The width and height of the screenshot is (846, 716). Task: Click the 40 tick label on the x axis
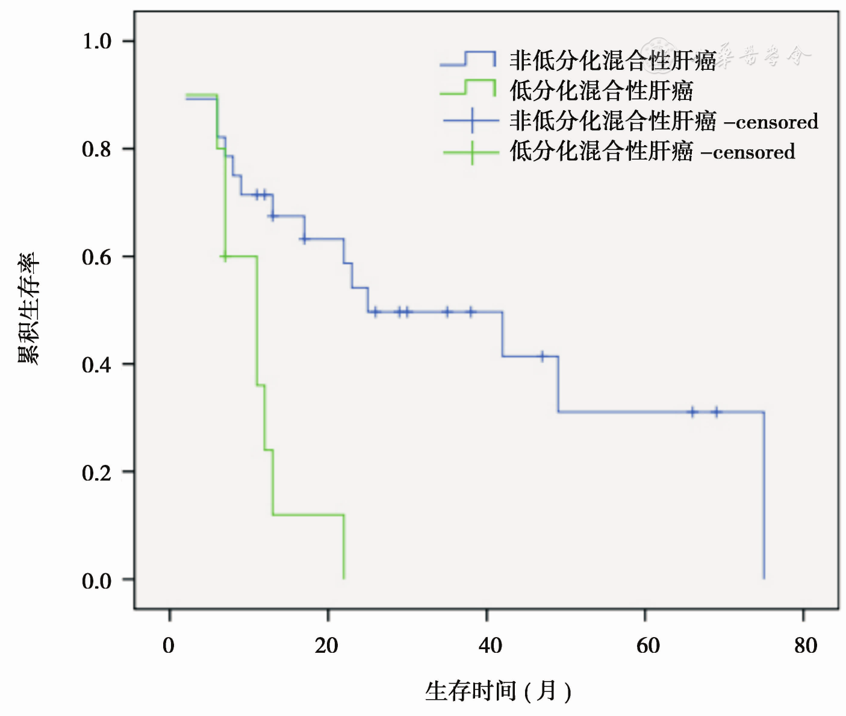[490, 646]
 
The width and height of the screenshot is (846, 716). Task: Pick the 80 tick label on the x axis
[806, 646]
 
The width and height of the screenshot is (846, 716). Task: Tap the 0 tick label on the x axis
[169, 646]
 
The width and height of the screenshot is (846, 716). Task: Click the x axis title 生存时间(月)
[498, 691]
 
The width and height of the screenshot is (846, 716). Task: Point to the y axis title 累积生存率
[28, 308]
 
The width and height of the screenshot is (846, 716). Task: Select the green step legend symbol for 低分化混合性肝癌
[468, 88]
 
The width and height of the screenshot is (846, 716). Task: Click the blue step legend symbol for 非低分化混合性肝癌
[468, 58]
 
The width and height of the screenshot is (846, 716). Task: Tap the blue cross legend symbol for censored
[471, 120]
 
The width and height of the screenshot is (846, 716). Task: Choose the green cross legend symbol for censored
[471, 152]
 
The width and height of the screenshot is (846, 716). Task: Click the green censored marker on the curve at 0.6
[225, 257]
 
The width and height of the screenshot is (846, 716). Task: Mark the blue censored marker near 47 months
[542, 356]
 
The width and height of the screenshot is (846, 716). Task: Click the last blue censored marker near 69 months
[716, 412]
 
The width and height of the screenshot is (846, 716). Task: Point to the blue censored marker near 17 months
[305, 239]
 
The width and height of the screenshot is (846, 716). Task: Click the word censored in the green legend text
[754, 152]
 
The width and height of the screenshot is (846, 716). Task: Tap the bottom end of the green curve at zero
[344, 577]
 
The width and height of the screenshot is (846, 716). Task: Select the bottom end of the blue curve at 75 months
[764, 577]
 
